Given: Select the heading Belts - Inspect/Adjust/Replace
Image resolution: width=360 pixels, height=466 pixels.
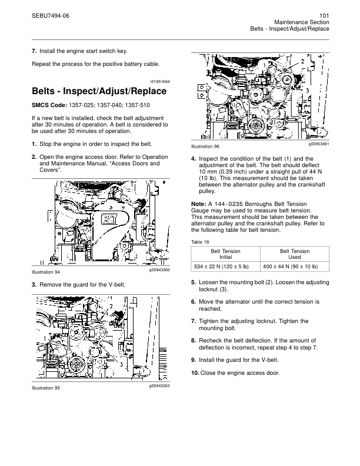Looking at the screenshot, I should coord(99,92).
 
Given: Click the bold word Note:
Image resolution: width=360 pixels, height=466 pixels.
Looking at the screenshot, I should coord(199,203).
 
